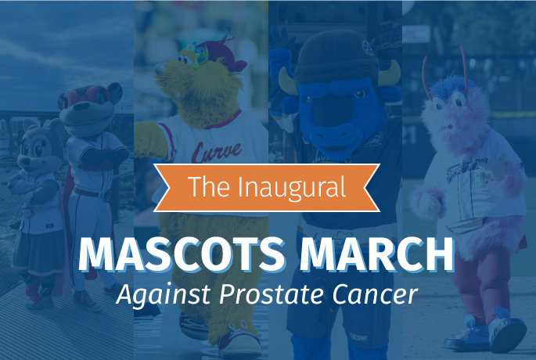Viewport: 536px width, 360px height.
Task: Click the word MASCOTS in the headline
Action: point(182,254)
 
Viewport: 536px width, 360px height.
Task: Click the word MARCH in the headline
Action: point(376,254)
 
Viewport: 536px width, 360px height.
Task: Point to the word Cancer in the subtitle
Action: point(376,294)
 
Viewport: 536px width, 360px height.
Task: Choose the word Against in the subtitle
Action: point(163,295)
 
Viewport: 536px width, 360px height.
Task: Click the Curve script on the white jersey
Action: point(217,152)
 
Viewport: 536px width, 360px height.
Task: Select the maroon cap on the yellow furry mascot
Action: point(223,55)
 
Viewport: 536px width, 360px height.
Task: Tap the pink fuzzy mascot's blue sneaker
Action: point(506,329)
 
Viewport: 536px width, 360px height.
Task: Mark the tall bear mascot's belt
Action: point(90,193)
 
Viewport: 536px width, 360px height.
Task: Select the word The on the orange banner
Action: point(208,187)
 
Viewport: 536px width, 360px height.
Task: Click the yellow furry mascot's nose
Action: point(160,69)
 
